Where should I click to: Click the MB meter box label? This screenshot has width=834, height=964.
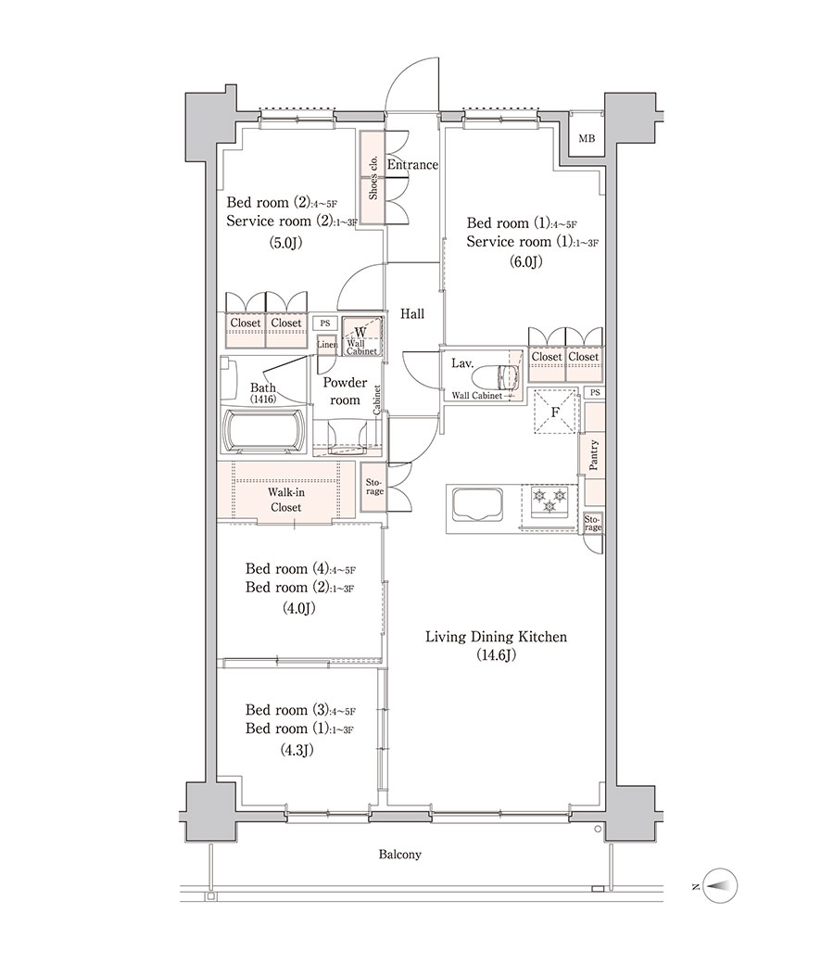pos(587,139)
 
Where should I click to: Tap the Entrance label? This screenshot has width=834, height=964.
pos(412,165)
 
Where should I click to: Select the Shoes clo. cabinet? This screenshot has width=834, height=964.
pos(372,178)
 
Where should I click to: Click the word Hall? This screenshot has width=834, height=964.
pos(412,314)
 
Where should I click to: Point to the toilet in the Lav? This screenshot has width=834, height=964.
pos(507,375)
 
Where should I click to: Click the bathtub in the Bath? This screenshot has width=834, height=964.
pos(264,432)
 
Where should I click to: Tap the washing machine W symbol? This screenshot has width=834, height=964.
pos(360,333)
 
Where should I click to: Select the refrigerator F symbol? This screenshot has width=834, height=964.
pos(555,412)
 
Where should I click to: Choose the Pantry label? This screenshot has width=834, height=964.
pos(594,455)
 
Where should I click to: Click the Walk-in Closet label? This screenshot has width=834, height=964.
pos(285,500)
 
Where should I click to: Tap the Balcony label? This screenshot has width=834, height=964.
pos(400,855)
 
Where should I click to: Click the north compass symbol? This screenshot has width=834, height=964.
pos(720,886)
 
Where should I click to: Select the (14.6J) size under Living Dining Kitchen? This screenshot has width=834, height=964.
pos(496,655)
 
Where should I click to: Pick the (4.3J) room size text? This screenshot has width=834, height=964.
pos(297,750)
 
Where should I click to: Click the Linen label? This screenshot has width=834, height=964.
pos(327,345)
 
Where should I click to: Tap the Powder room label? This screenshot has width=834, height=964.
pos(345,391)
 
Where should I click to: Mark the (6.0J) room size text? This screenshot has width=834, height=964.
pos(525,262)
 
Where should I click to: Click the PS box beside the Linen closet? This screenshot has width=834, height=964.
pos(324,323)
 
